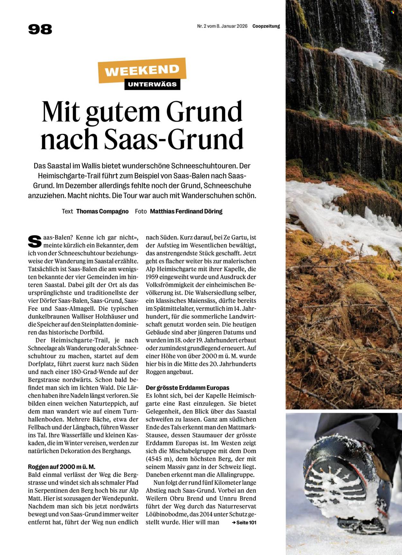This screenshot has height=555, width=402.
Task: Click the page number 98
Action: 40,29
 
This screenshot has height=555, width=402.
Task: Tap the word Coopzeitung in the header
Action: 266,26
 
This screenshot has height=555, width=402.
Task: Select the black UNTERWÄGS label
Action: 152,85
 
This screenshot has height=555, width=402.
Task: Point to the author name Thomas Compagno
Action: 102,211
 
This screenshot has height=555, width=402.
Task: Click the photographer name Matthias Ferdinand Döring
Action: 186,211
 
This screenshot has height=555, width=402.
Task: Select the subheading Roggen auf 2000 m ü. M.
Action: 61,467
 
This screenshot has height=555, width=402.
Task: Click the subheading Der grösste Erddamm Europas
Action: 187,388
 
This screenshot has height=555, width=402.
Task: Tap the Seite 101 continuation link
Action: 246,523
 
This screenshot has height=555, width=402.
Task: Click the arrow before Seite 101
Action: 234,523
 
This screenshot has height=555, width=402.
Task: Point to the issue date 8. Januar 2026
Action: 232,26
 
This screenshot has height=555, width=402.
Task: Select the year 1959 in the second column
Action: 151,277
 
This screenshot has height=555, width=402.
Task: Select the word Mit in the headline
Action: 61,112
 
